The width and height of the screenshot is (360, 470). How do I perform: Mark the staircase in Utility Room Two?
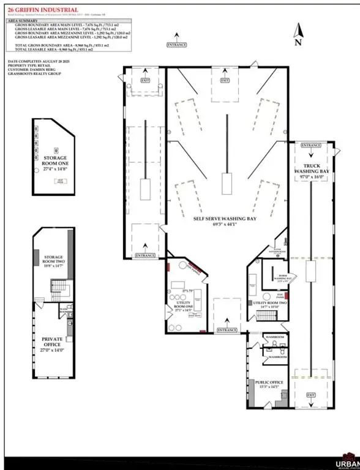coord(265,316)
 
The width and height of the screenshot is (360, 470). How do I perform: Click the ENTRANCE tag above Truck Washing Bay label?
coord(310,146)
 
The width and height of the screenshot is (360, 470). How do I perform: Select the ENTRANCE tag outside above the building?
coord(177,45)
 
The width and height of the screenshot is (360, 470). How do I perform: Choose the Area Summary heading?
coord(23,20)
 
